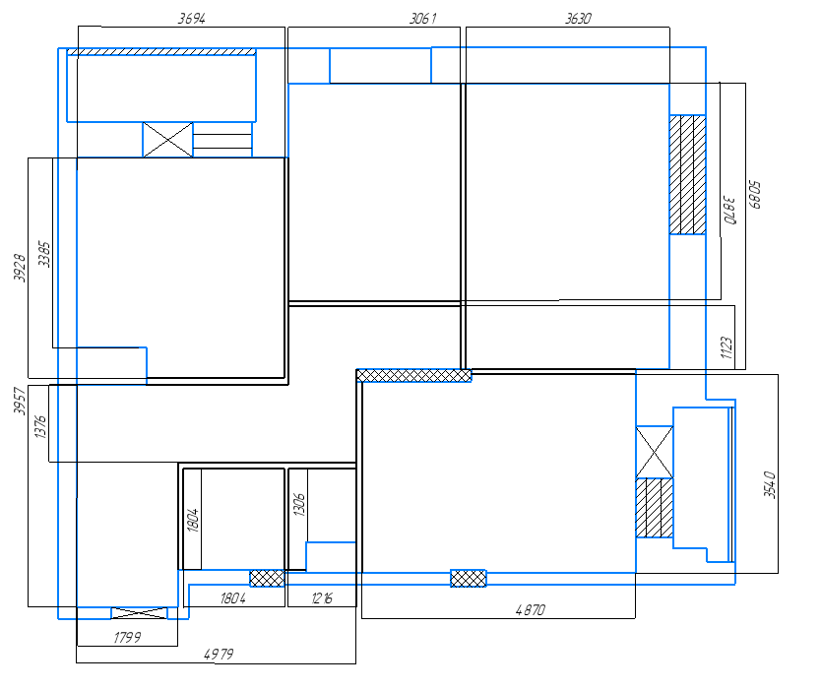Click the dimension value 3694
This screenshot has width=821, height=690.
pos(192,19)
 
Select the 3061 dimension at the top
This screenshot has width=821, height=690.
pos(422,19)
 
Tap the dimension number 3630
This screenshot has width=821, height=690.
pos(578,19)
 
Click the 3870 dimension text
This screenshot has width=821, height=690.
pos(729,211)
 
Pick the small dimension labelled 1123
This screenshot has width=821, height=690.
pos(726,347)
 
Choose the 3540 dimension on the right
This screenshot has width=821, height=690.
pos(769,485)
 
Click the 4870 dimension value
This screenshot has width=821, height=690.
pos(531,610)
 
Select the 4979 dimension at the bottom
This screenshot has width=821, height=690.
pos(219,654)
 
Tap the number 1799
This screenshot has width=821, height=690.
pos(127,637)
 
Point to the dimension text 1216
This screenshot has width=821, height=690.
pos(322,597)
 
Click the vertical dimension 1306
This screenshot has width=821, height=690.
pos(298,504)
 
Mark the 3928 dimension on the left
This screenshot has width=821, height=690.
pos(20,268)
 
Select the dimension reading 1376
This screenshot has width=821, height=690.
pos(39,426)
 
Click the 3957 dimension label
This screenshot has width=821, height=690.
pos(20,401)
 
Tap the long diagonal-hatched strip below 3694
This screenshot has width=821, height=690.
pos(161,52)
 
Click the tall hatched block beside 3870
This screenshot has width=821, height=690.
pos(687,174)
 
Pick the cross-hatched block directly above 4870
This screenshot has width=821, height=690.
pos(469,578)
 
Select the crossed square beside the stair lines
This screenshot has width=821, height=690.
pos(167,139)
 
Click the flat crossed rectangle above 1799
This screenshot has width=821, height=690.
pos(139,613)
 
